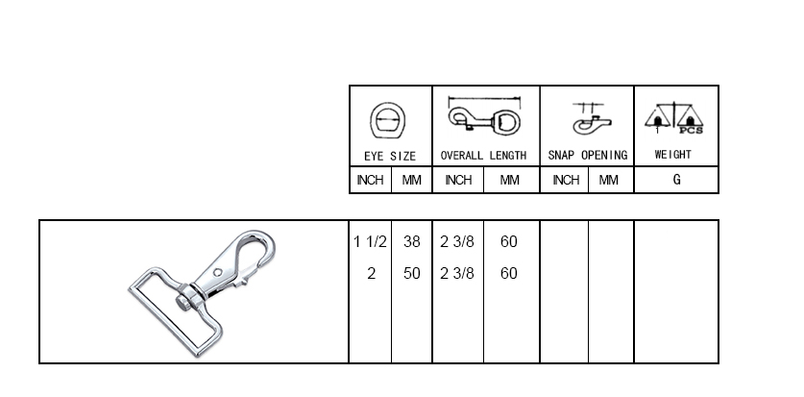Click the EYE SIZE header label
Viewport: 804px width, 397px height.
point(390,156)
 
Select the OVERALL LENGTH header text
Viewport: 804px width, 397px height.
point(483,156)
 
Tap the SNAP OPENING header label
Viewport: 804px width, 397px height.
point(588,156)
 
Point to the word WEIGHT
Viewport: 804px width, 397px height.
point(673,155)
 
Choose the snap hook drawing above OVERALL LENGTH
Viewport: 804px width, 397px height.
point(484,116)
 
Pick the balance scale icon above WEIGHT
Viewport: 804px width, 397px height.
point(673,118)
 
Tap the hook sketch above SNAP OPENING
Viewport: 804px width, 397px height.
point(591,119)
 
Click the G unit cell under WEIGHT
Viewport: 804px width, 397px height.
point(677,180)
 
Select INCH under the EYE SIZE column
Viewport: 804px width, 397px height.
point(370,180)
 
